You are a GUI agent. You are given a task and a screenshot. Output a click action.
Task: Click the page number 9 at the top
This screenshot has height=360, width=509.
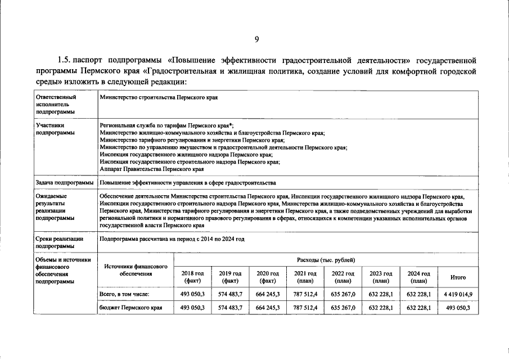pyautogui.click(x=256, y=39)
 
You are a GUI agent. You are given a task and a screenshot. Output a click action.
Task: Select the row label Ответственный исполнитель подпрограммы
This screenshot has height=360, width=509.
pyautogui.click(x=55, y=105)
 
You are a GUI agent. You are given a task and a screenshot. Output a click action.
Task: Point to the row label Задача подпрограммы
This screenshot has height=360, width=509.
pyautogui.click(x=64, y=183)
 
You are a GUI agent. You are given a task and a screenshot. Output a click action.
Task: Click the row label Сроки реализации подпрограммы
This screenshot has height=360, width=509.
pyautogui.click(x=59, y=242)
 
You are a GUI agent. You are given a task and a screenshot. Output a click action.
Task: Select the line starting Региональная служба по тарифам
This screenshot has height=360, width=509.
pyautogui.click(x=166, y=125)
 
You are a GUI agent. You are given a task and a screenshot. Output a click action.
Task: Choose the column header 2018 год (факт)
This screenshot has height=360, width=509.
pyautogui.click(x=192, y=277)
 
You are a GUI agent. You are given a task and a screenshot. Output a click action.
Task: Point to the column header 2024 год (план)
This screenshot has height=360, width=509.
pyautogui.click(x=418, y=277)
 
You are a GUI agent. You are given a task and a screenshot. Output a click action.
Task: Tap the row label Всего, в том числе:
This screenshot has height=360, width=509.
pyautogui.click(x=124, y=294)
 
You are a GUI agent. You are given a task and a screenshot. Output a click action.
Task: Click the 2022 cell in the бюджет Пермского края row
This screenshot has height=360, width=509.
pyautogui.click(x=343, y=308)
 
